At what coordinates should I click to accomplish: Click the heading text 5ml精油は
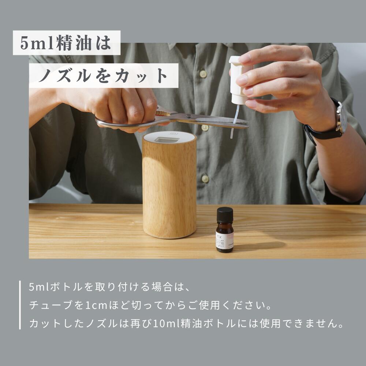pos(66,43)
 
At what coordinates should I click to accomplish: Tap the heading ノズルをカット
pos(104,76)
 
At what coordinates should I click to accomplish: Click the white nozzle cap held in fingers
pos(238,77)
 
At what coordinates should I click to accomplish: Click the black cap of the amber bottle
pos(224,214)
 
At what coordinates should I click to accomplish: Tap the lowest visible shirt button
pos(205,179)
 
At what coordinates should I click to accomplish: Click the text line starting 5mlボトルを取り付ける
pos(110,287)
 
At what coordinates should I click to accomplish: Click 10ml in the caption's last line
pos(164,324)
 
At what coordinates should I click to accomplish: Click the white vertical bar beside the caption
pos(20,305)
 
